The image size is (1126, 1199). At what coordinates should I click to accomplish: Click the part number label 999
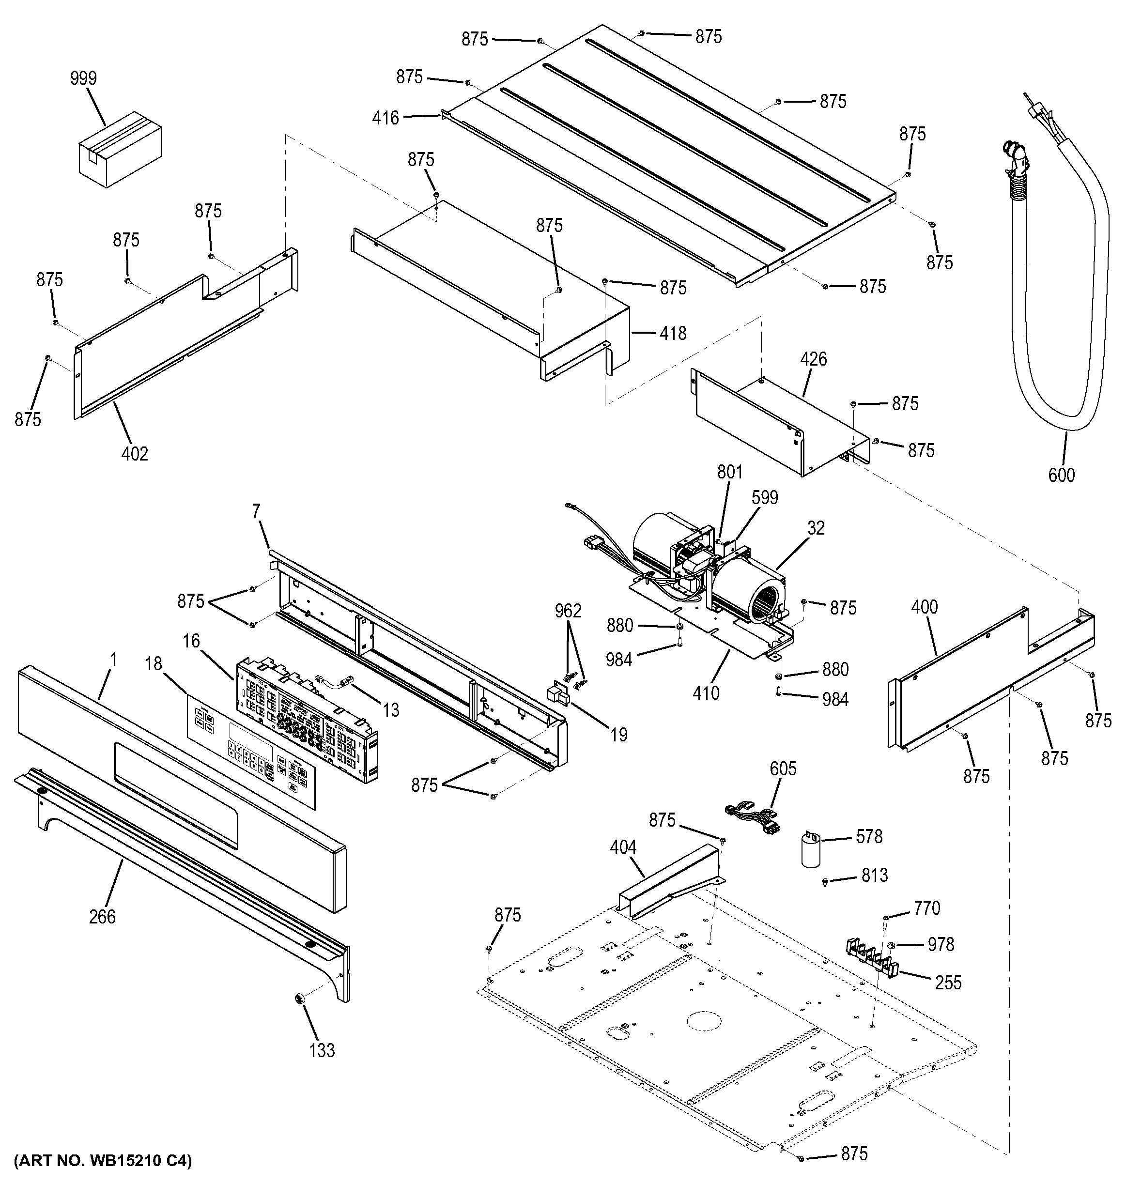tap(83, 78)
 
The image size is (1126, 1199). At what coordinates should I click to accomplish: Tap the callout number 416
tap(386, 118)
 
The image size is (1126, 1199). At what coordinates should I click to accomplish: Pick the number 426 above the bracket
tap(813, 359)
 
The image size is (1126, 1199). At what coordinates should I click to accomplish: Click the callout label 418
tap(673, 334)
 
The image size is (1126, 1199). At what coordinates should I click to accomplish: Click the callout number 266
tap(102, 917)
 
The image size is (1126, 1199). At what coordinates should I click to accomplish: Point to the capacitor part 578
tap(811, 851)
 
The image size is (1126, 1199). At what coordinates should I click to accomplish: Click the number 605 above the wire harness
tap(783, 769)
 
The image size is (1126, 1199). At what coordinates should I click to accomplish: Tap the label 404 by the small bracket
tap(623, 847)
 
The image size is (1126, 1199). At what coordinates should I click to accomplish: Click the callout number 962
tap(568, 611)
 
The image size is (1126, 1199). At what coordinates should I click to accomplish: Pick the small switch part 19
tap(558, 695)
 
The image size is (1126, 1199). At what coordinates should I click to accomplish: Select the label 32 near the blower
tap(816, 528)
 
